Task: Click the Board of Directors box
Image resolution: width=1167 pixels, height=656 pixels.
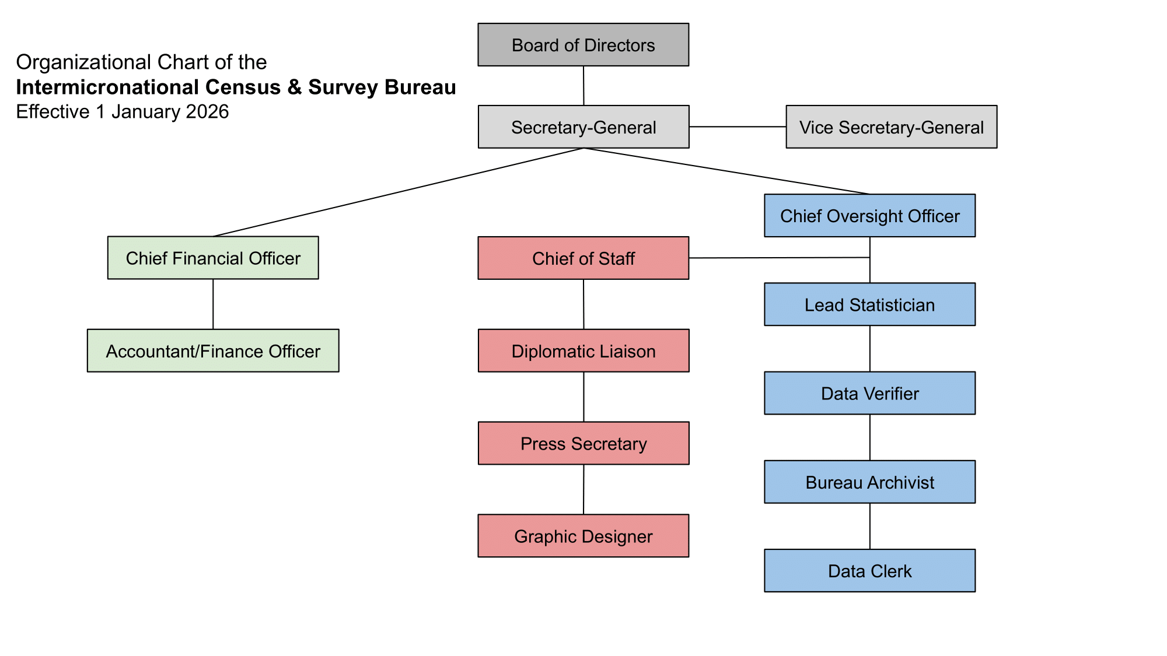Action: (583, 45)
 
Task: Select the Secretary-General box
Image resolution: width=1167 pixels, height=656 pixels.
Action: (583, 127)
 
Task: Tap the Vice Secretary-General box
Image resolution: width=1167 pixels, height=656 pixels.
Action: (891, 127)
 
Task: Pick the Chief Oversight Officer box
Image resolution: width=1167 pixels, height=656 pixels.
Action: (869, 216)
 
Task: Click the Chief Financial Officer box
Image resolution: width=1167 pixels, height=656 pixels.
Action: (213, 258)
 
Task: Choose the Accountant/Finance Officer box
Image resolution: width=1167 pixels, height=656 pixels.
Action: (213, 351)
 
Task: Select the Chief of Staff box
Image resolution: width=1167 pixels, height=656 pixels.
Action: (583, 258)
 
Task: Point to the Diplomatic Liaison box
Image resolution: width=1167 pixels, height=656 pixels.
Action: (583, 351)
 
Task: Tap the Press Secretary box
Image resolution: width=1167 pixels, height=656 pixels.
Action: (583, 444)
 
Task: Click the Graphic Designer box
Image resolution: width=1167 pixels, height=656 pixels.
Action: (583, 536)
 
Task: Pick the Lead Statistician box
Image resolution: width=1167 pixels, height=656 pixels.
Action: (869, 304)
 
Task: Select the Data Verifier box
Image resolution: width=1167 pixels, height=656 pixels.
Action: (869, 394)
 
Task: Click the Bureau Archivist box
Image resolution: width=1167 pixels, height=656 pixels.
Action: (869, 482)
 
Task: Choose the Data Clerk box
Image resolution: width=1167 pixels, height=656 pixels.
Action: (869, 571)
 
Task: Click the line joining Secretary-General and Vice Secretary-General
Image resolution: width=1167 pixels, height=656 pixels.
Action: (738, 127)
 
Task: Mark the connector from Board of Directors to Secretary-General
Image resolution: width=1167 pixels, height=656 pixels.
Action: (583, 86)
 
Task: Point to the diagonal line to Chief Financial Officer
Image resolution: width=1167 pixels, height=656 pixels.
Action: (398, 192)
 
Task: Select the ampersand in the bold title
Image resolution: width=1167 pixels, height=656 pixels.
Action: (295, 87)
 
